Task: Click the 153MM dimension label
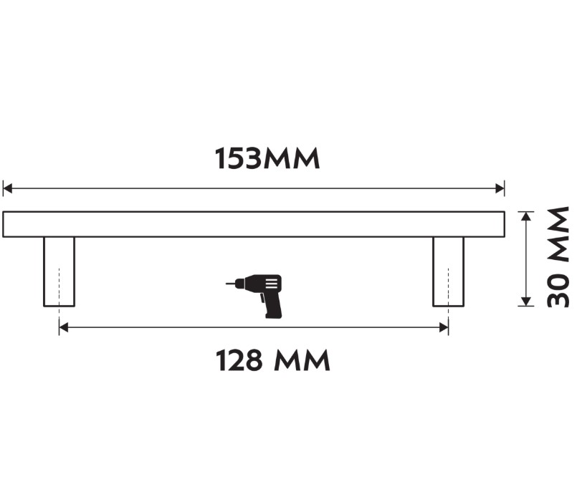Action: [267, 159]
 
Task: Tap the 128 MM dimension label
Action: [273, 361]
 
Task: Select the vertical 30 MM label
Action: [558, 257]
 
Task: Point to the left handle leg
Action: [59, 271]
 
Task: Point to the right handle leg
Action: [448, 271]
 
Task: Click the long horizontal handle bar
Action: [254, 224]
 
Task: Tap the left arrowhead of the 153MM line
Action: [8, 189]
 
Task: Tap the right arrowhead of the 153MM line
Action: [500, 189]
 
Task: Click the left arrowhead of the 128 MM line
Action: [64, 327]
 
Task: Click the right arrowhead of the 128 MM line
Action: [444, 327]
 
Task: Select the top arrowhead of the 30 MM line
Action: [527, 216]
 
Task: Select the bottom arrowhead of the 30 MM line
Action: [527, 301]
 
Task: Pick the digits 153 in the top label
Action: [239, 159]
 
